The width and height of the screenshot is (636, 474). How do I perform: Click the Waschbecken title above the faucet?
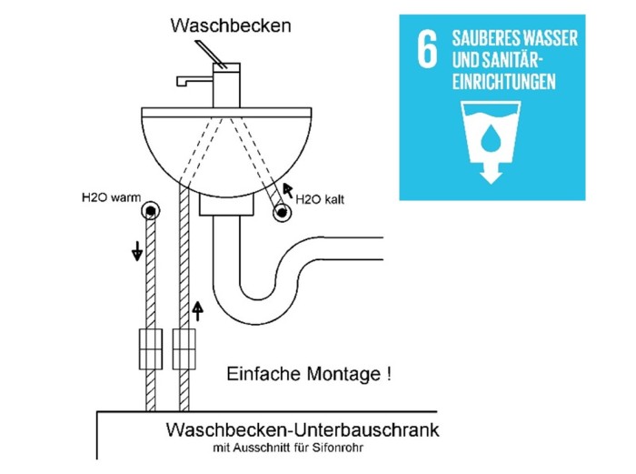tap(231, 25)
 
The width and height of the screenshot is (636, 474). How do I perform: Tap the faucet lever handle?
tap(210, 55)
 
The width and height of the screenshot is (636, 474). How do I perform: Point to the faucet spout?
tap(194, 81)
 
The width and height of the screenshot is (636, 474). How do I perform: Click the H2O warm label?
tap(111, 197)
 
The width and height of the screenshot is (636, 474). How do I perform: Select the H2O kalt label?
tap(320, 199)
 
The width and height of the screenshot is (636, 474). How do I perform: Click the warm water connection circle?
tap(151, 210)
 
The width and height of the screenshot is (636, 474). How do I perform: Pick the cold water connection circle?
tap(282, 212)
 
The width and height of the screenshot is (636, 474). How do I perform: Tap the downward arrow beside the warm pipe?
tap(137, 250)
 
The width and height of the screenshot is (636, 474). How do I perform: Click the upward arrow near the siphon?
tap(197, 311)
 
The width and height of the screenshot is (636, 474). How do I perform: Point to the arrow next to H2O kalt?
tap(288, 190)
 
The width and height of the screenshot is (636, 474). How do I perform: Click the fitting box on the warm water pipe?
tap(151, 348)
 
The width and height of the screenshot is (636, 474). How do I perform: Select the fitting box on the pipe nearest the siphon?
tap(184, 348)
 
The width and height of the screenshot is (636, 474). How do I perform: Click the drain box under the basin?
tap(226, 205)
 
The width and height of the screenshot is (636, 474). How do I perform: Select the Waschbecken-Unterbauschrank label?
tap(303, 429)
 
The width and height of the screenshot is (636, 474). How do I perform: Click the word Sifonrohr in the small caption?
tap(337, 448)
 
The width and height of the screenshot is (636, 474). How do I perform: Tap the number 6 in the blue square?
tap(428, 49)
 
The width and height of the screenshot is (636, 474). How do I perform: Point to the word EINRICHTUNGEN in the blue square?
tap(503, 82)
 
